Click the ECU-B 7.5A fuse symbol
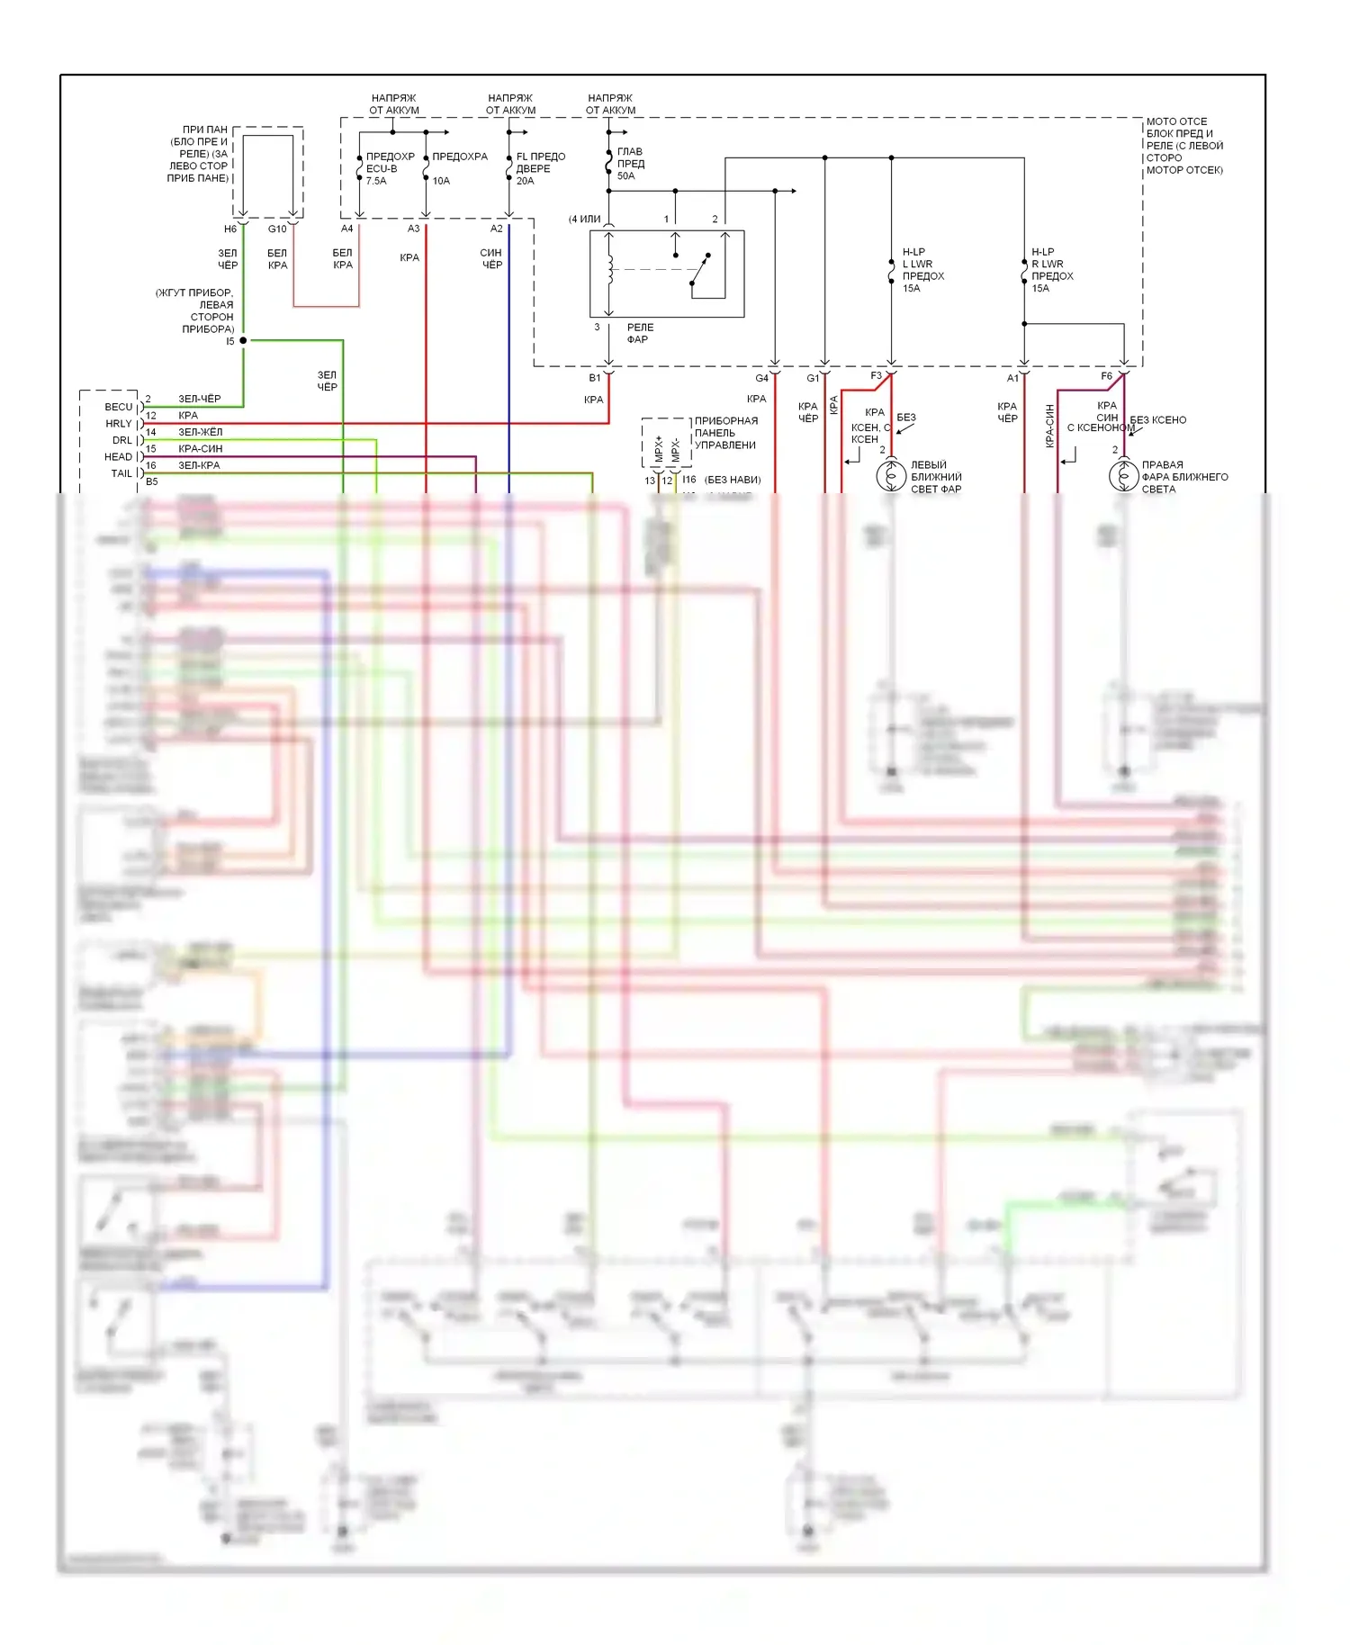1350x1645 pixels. [x=360, y=167]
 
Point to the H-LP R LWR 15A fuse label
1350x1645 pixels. [x=1052, y=270]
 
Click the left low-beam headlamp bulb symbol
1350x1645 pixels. [x=891, y=475]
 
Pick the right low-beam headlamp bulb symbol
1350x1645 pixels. [x=1123, y=475]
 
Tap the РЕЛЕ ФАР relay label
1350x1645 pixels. [x=640, y=333]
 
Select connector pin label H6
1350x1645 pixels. [x=230, y=229]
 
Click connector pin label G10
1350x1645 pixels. [x=277, y=229]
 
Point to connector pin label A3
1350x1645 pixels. [x=413, y=229]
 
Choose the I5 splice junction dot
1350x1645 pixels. [x=243, y=340]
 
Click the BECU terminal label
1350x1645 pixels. [x=118, y=407]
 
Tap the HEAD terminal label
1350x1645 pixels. [x=118, y=456]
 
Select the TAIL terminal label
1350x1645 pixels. [x=121, y=473]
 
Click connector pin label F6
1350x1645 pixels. [x=1106, y=376]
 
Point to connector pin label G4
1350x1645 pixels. [x=761, y=378]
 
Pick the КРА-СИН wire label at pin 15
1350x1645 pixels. [x=200, y=448]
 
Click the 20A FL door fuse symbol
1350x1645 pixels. [x=509, y=167]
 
